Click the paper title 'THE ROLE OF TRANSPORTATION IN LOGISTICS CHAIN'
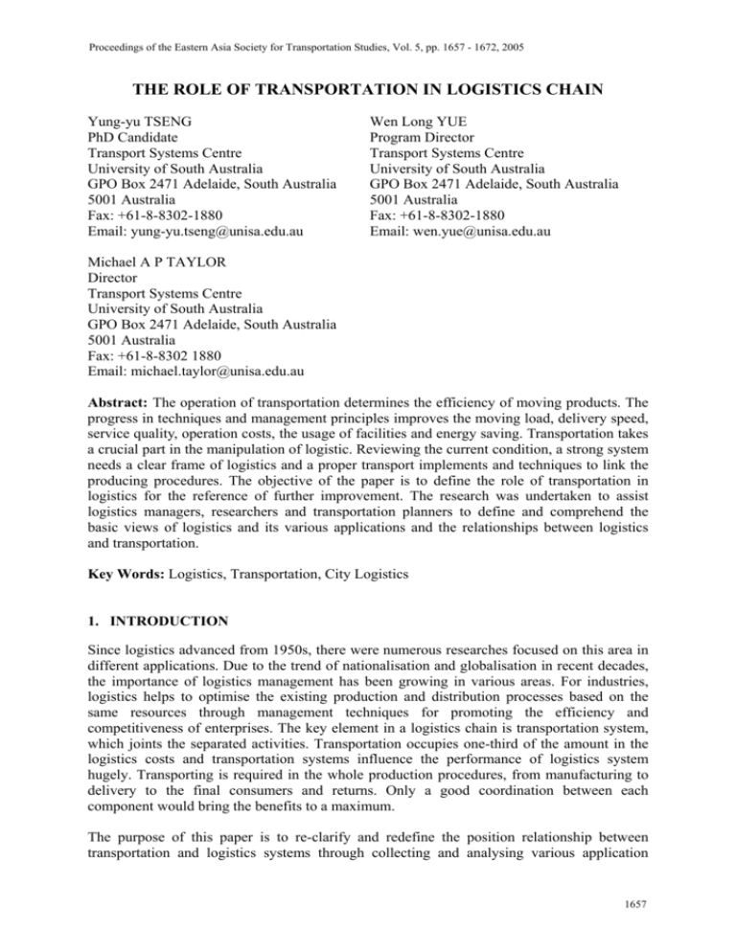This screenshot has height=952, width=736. tap(368, 82)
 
